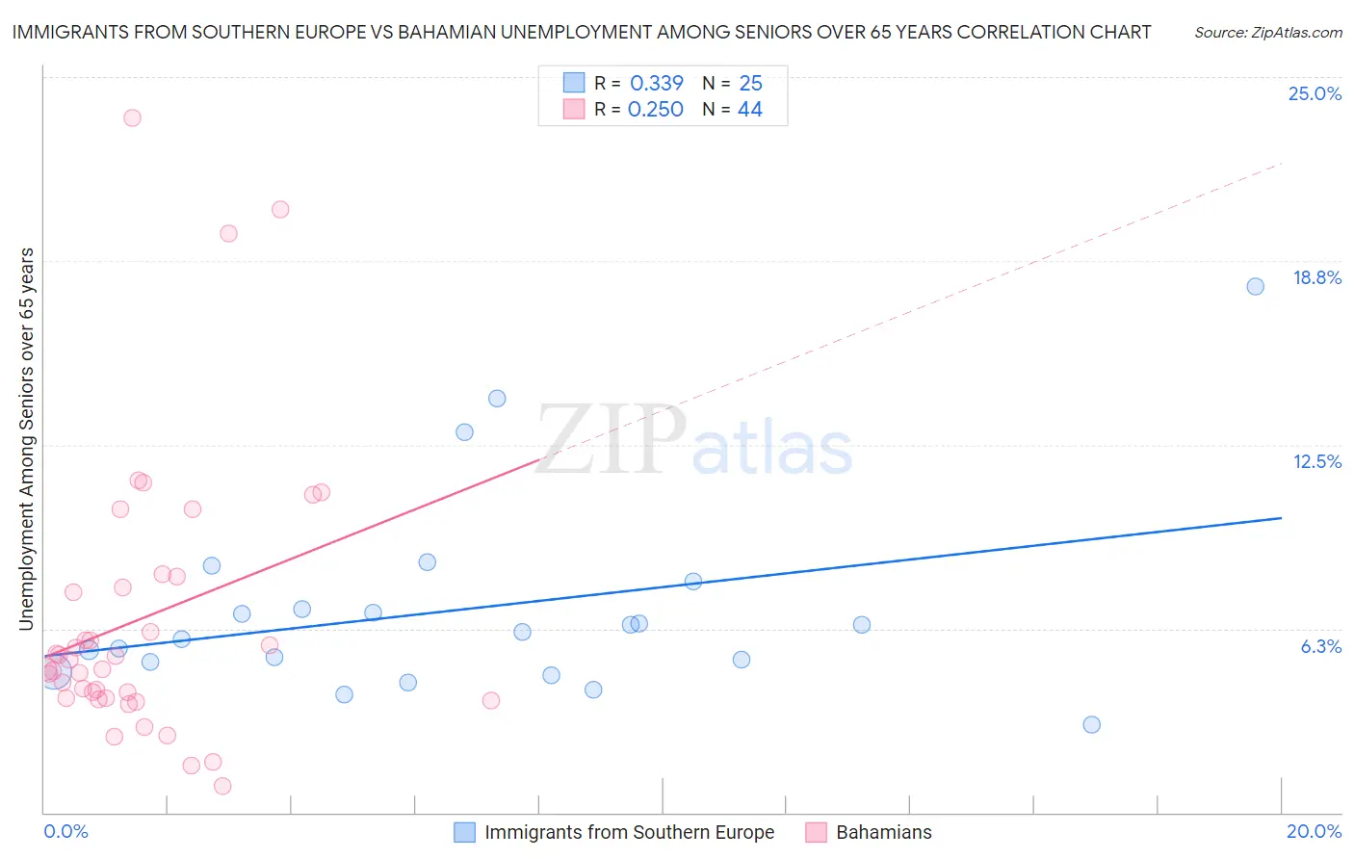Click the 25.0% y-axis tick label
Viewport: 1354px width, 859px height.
(x=1315, y=93)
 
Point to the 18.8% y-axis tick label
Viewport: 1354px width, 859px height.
(x=1316, y=277)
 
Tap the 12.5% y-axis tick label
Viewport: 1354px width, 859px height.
(x=1316, y=461)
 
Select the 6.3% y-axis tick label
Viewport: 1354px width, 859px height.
(x=1320, y=646)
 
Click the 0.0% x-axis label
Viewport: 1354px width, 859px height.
(x=65, y=831)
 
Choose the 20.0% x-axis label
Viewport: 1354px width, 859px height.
(x=1314, y=831)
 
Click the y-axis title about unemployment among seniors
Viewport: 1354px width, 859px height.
(x=26, y=439)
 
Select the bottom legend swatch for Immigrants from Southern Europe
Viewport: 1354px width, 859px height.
(x=464, y=832)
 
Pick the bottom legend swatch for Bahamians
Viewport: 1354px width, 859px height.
(x=816, y=832)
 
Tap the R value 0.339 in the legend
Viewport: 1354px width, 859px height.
(x=656, y=83)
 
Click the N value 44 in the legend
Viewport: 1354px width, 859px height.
(x=749, y=110)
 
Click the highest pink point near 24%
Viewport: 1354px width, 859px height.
(x=132, y=117)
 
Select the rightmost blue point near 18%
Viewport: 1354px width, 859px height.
(x=1255, y=286)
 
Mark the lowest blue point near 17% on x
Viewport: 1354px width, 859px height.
(x=1091, y=724)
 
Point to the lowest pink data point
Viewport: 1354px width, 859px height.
(x=222, y=786)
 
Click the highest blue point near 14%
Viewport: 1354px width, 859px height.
(x=497, y=398)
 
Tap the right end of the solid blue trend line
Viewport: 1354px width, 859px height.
(x=1281, y=518)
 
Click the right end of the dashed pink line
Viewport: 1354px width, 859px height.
(x=1281, y=165)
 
